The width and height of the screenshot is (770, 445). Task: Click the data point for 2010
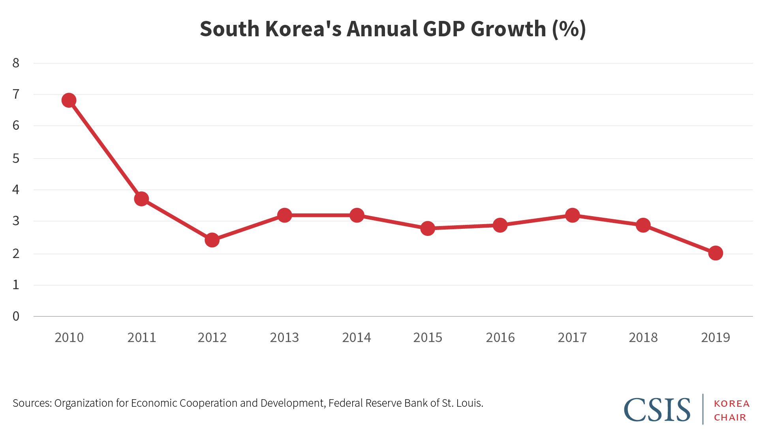[69, 100]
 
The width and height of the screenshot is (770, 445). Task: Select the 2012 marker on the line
[212, 240]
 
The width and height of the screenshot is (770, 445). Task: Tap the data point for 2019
[716, 253]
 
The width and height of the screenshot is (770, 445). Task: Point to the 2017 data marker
[572, 215]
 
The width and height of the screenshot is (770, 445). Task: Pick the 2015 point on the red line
[428, 228]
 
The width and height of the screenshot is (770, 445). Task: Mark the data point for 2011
[141, 199]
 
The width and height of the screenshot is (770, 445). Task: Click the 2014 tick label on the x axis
[357, 338]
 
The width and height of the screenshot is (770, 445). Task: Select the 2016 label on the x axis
[500, 338]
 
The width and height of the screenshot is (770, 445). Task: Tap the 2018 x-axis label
[643, 338]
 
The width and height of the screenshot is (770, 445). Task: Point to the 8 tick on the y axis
[16, 63]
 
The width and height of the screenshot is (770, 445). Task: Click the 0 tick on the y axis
[16, 316]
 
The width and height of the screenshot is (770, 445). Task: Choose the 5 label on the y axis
[16, 159]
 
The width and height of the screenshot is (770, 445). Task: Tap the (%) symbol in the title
[569, 29]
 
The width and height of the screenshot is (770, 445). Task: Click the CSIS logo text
[657, 410]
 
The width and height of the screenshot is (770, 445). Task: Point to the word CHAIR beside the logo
[730, 417]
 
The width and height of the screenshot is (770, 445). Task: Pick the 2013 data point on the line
[284, 215]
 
